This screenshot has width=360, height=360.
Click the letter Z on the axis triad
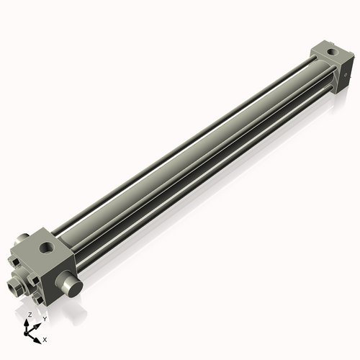click(30, 315)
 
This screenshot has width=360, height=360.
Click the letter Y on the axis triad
click(44, 318)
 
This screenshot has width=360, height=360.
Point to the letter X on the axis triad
click(45, 338)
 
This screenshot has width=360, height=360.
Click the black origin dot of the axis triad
click(27, 333)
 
